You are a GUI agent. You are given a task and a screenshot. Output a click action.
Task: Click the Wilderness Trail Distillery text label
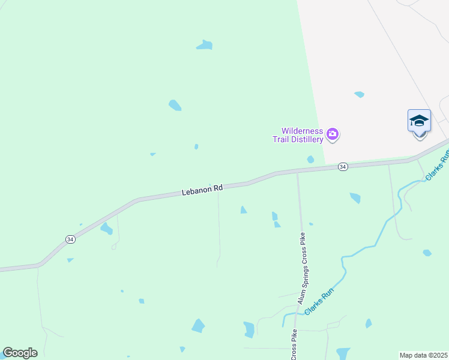(x=303, y=135)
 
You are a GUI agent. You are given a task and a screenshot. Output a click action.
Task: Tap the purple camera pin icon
(x=333, y=134)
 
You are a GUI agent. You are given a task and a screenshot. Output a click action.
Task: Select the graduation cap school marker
(x=419, y=122)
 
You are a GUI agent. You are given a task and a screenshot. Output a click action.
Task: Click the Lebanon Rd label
(x=202, y=189)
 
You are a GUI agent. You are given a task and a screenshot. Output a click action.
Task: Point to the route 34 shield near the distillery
(x=343, y=166)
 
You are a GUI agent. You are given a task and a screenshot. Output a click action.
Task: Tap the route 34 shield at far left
(x=70, y=239)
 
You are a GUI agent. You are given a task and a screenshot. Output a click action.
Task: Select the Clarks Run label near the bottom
(x=319, y=302)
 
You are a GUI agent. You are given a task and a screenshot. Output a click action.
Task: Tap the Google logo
(x=20, y=353)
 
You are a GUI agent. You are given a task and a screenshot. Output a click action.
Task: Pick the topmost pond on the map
(x=205, y=45)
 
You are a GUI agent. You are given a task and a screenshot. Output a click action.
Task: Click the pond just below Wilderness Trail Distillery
(x=310, y=160)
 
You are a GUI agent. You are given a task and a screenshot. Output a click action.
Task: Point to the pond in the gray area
(x=359, y=94)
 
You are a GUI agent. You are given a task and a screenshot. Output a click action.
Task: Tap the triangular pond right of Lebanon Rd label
(x=243, y=210)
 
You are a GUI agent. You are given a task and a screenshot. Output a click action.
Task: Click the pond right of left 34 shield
(x=106, y=229)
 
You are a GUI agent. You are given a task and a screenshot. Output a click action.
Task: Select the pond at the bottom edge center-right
(x=343, y=353)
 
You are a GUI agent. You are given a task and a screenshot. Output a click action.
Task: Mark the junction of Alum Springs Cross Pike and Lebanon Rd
(x=298, y=173)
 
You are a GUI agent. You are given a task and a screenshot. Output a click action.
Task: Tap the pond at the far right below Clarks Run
(x=427, y=253)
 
